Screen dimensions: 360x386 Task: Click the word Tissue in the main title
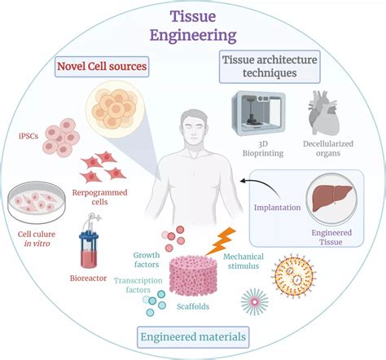pyautogui.click(x=192, y=15)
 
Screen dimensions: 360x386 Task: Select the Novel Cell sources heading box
pyautogui.click(x=101, y=64)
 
